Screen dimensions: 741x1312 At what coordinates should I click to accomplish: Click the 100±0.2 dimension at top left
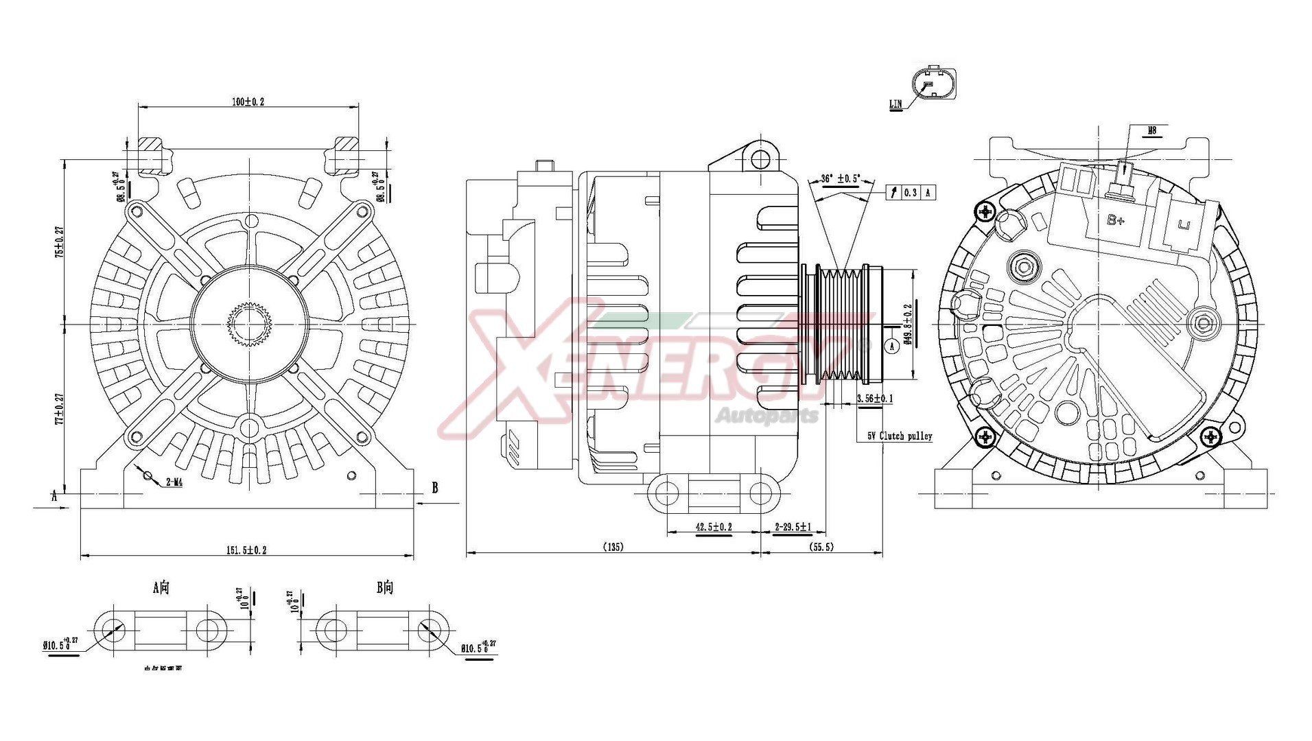(x=248, y=102)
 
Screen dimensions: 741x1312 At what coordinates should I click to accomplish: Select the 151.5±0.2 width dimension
(x=246, y=550)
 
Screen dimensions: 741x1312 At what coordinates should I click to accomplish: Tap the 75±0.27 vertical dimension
(x=60, y=241)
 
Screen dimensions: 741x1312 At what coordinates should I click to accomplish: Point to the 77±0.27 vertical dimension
(x=60, y=408)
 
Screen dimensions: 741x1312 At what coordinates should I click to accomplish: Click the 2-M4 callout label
(x=174, y=482)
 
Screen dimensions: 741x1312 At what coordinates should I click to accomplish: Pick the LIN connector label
(x=895, y=104)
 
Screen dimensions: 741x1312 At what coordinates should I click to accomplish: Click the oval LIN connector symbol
(x=933, y=84)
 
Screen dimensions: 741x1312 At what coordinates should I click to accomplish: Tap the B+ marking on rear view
(x=1116, y=220)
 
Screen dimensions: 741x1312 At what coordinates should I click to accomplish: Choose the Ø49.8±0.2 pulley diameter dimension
(x=908, y=324)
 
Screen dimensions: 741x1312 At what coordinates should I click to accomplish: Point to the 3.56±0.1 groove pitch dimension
(x=875, y=398)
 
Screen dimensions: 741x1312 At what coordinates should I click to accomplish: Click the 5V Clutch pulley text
(x=900, y=436)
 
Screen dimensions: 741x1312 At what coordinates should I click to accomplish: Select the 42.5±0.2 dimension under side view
(x=714, y=527)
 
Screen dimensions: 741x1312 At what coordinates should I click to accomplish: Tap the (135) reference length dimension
(x=613, y=547)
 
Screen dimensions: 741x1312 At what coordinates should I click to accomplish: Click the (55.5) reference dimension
(x=821, y=547)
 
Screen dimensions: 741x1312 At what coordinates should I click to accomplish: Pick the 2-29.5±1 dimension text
(x=793, y=527)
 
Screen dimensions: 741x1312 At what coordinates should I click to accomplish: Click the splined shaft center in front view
(x=247, y=324)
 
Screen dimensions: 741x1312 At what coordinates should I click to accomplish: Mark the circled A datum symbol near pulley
(x=892, y=346)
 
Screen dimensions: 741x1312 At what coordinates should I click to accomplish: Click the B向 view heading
(x=385, y=587)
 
